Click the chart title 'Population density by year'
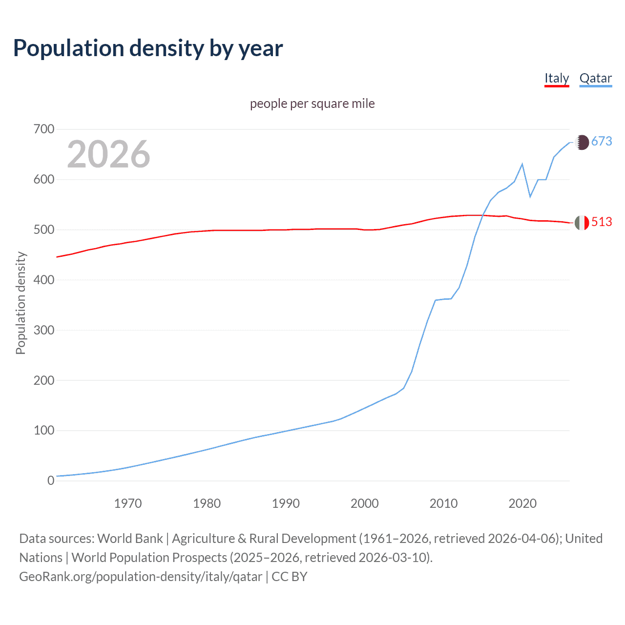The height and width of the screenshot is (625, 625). point(148,48)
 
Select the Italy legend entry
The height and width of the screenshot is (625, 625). point(557,79)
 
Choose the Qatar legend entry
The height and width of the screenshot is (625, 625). point(595,79)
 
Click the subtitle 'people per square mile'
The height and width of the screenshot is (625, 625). point(312,104)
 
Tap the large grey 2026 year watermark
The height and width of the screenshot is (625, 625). point(108,154)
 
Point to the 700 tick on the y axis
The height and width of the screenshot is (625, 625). point(44,129)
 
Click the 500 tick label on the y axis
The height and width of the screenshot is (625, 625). point(44,229)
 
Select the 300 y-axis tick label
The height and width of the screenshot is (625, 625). point(44,330)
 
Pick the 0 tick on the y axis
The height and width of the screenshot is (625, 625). point(51,480)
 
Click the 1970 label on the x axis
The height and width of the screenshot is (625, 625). point(128,503)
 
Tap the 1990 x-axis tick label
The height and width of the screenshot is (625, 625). point(286,503)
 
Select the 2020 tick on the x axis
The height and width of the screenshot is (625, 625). point(522,503)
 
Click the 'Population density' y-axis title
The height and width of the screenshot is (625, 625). point(21,303)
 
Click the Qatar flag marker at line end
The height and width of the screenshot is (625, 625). point(582,142)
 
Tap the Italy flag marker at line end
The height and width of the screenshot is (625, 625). point(582,223)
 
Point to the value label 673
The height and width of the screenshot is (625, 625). point(602,142)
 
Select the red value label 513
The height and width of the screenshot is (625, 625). point(602,222)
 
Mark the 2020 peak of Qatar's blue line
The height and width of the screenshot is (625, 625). point(522,164)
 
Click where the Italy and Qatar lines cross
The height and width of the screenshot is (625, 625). point(483,215)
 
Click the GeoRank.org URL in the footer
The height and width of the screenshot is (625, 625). point(141,577)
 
